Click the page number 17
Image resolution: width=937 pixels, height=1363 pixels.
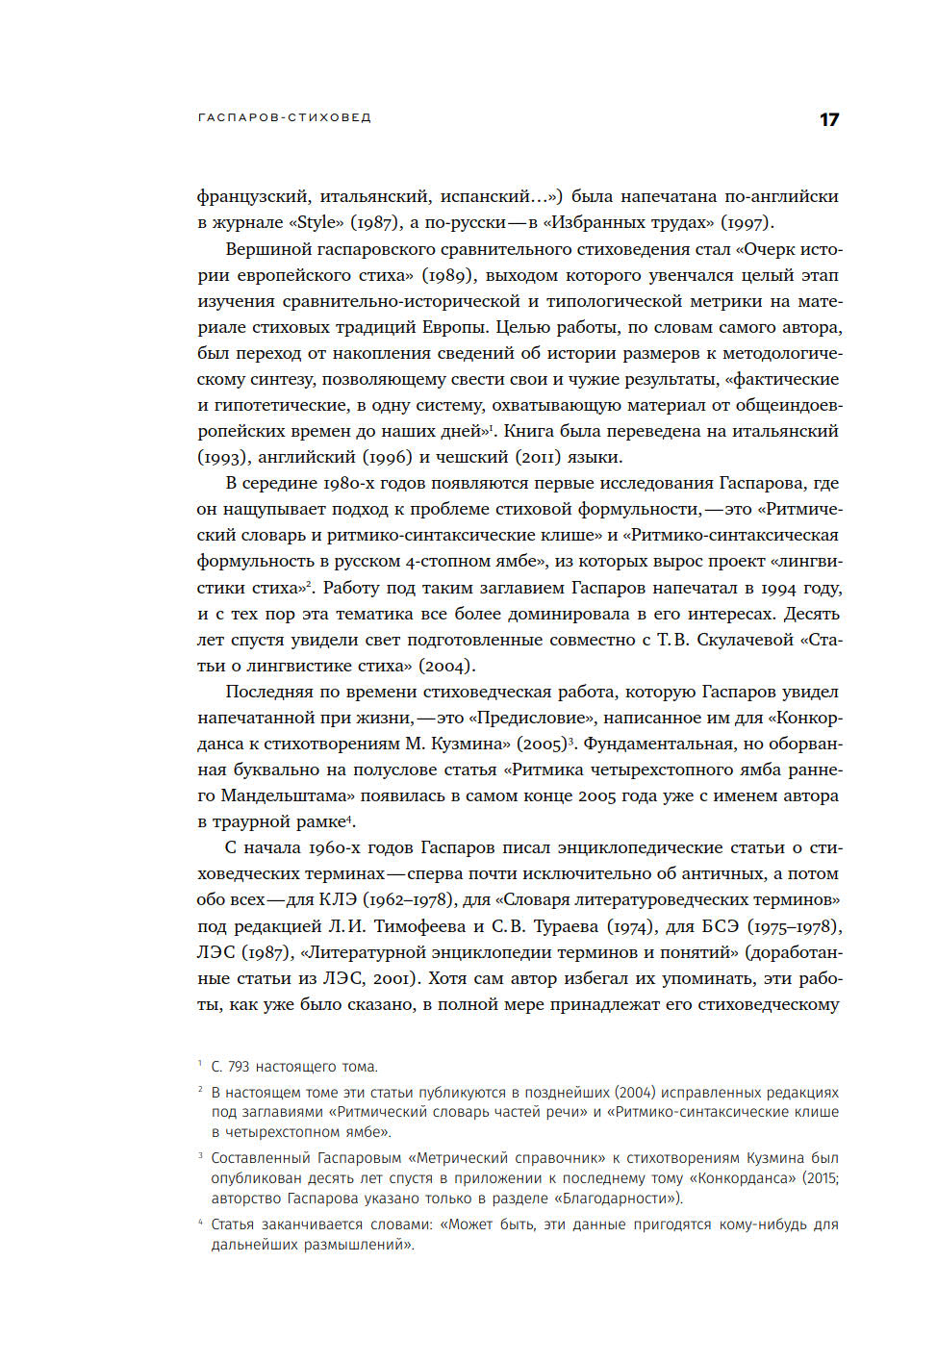point(829,119)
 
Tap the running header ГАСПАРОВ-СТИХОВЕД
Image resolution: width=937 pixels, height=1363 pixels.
point(285,117)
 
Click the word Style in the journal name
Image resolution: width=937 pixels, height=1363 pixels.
point(317,222)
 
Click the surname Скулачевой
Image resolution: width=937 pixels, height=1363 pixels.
point(747,640)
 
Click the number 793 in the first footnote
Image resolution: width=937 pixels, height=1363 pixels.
point(239,1067)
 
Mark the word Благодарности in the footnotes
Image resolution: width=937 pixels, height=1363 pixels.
point(613,1199)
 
